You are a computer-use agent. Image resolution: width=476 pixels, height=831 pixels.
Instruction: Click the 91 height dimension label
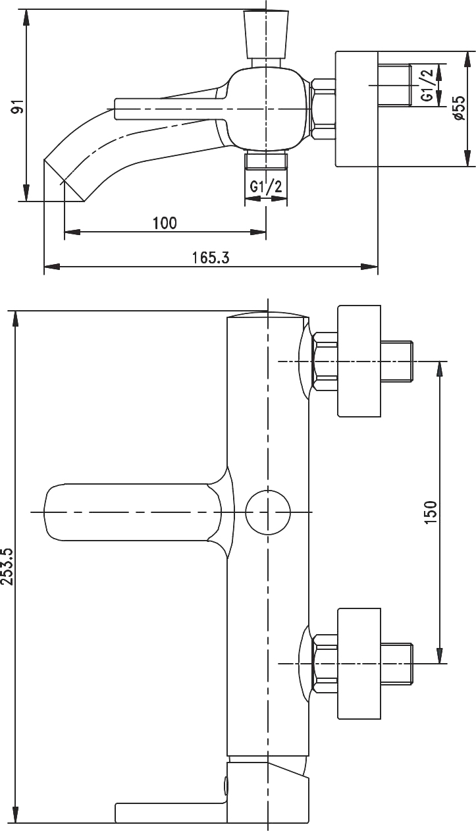tap(18, 105)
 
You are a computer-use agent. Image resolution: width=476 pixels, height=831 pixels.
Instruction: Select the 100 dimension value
tap(165, 223)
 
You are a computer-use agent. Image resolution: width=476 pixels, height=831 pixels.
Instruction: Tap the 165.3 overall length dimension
tap(211, 257)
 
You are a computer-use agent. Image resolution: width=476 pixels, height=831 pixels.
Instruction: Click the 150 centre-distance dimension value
tap(430, 512)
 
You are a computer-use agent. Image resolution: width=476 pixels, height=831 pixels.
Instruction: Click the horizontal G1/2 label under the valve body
tap(266, 186)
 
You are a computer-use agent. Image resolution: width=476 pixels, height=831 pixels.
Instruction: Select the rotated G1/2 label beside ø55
tap(427, 85)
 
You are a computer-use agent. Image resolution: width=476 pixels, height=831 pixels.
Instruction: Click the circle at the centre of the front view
tap(268, 512)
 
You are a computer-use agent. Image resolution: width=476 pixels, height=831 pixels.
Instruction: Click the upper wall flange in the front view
tap(359, 361)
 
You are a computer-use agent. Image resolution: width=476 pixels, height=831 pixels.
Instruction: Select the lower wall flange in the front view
tap(359, 663)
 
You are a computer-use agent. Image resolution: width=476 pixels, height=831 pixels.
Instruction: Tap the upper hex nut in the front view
tap(325, 361)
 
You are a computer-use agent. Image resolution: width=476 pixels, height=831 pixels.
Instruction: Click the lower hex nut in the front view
tap(325, 663)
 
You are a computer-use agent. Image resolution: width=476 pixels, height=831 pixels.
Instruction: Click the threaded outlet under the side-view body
tap(266, 161)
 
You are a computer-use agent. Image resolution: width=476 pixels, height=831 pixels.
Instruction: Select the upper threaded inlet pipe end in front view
tap(397, 361)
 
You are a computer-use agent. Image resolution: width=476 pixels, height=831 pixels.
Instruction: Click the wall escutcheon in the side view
tap(356, 109)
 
